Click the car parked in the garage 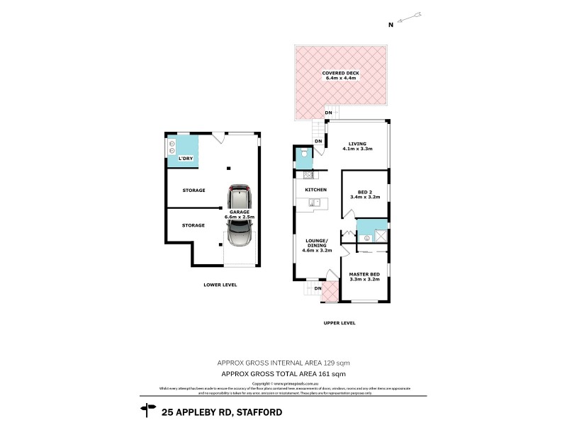pos(240,216)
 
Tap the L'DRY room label pos(186,158)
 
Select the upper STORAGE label pos(193,191)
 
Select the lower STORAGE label pos(193,225)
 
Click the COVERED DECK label pos(342,75)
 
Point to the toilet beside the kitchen pos(303,154)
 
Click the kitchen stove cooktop pos(308,174)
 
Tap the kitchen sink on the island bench pos(316,203)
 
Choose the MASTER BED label pos(365,276)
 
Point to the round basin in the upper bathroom pos(366,239)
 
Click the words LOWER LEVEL pos(220,285)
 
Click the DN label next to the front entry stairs pos(318,288)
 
